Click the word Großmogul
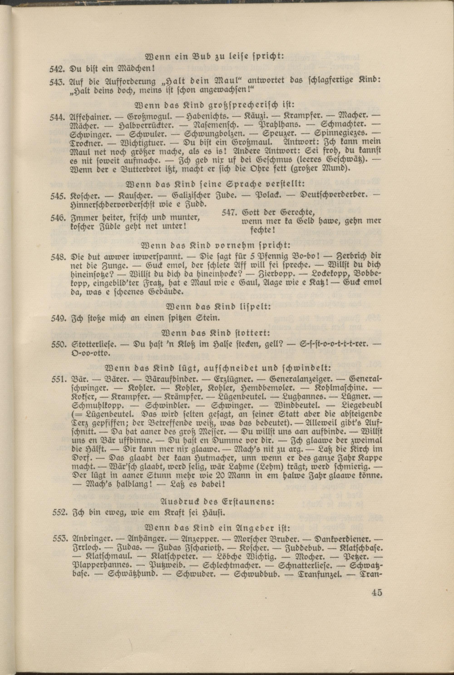[x=149, y=118]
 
